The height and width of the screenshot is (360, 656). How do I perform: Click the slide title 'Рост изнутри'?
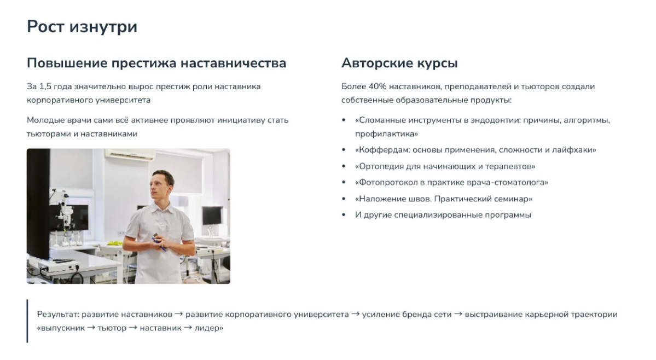point(82,26)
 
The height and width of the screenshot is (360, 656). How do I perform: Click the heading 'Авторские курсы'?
point(399,63)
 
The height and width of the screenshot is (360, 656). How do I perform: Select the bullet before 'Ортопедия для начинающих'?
point(344,166)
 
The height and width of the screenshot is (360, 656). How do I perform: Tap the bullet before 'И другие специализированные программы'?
point(344,215)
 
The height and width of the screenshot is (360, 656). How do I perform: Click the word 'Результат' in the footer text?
point(57,315)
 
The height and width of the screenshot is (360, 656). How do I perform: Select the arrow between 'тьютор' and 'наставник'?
point(132,329)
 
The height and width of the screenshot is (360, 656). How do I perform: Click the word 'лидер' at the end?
point(209,329)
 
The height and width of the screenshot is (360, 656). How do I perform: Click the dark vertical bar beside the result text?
point(27,321)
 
